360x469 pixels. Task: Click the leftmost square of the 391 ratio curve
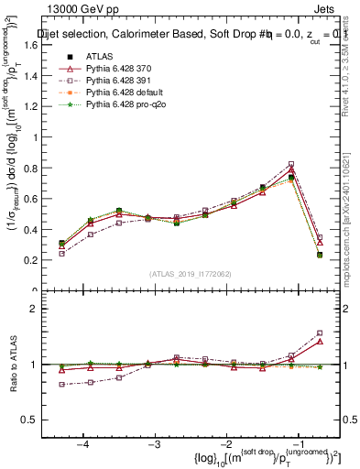[62, 385]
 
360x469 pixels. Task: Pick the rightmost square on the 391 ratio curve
[320, 333]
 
